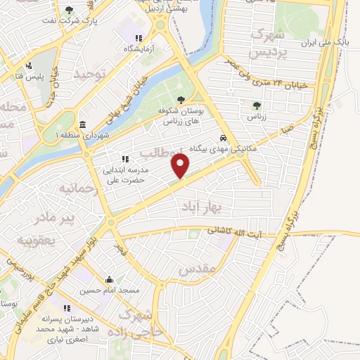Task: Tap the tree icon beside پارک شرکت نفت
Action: (69, 10)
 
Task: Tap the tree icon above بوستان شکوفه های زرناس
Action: (182, 100)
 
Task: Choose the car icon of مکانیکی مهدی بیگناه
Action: (222, 139)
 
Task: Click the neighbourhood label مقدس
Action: (196, 269)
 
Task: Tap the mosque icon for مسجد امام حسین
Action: (109, 279)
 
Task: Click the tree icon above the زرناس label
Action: (255, 105)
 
